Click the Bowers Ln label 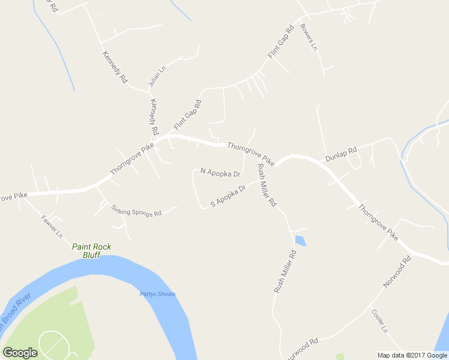click(309, 37)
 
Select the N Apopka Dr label click(220, 172)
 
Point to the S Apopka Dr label click(229, 197)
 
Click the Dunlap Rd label click(341, 154)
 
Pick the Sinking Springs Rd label click(137, 211)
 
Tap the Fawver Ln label click(52, 227)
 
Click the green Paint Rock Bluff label click(92, 250)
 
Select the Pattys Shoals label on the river click(157, 294)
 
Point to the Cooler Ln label click(379, 321)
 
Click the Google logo click(20, 353)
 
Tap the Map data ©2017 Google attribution click(412, 355)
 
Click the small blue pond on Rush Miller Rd click(300, 241)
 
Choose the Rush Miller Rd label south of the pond click(286, 272)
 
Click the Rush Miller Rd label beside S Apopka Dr click(266, 185)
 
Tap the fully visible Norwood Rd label click(397, 272)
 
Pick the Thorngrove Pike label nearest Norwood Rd click(378, 223)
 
